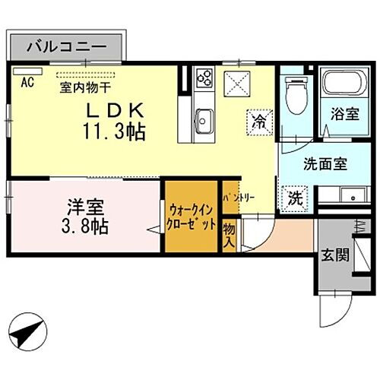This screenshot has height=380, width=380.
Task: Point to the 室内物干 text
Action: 84,86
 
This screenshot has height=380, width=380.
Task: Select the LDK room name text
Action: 114,110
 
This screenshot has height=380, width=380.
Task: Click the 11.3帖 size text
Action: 115,131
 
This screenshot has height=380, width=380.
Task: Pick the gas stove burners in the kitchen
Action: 204,76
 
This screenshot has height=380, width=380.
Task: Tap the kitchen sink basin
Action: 204,119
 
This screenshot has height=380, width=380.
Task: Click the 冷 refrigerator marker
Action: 260,120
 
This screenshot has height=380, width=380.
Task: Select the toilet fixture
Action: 296,96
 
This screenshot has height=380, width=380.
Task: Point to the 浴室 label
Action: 344,115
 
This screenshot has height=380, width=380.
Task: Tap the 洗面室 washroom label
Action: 325,163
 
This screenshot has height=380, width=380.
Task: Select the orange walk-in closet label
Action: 191,217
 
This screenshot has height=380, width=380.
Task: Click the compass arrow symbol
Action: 28,333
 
